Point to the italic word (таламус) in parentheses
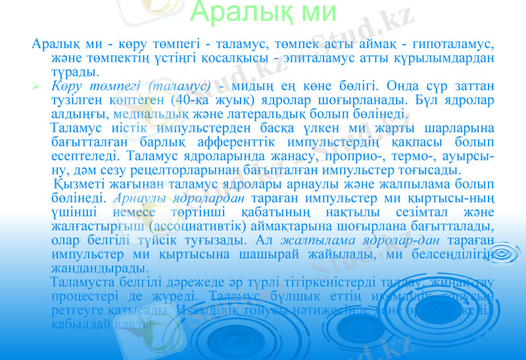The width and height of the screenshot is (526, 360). (179, 86)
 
